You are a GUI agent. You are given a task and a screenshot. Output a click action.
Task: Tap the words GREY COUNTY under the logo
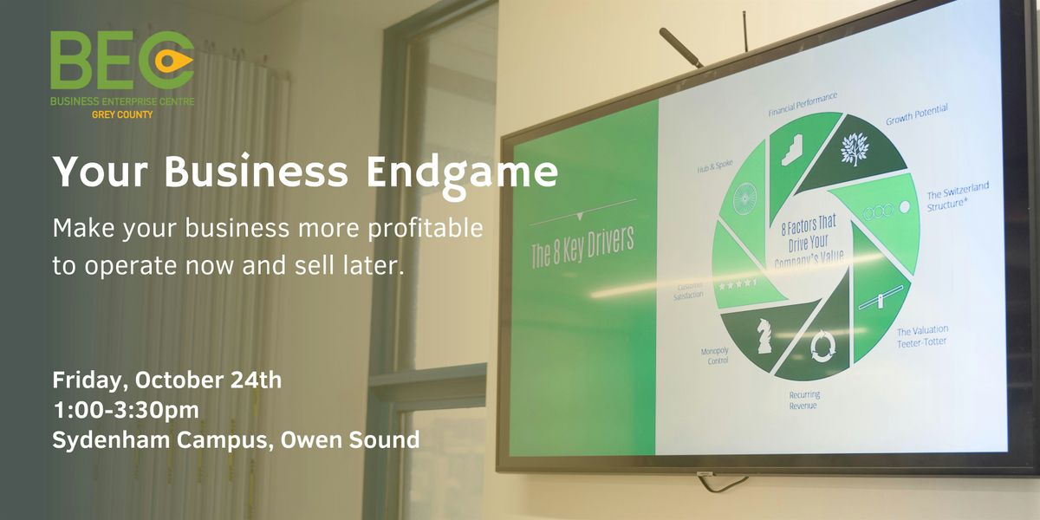(x=122, y=114)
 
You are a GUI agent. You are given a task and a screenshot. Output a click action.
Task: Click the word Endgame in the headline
(x=462, y=173)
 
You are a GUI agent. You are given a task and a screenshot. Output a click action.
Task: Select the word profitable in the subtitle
(x=426, y=229)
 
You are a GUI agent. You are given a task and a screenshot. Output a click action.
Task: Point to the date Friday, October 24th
(x=166, y=380)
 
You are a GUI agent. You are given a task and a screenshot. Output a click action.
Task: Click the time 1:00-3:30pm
(x=127, y=410)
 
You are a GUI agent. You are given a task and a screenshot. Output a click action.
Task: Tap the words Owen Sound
(x=350, y=439)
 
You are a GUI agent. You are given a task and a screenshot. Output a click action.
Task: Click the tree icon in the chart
(x=855, y=149)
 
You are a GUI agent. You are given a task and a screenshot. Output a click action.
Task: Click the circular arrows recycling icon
(x=822, y=346)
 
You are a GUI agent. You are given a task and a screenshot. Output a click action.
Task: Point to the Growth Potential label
(x=917, y=114)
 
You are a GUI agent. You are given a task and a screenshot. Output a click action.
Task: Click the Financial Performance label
(x=803, y=104)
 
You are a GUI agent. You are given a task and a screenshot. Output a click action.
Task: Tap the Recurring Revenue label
(x=804, y=400)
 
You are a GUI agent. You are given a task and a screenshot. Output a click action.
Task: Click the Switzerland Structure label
(x=958, y=197)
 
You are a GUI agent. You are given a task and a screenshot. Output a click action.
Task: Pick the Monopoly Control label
(x=715, y=355)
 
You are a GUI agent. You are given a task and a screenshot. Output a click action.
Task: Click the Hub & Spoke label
(x=715, y=166)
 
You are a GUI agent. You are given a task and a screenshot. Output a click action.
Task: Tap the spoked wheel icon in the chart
(x=744, y=198)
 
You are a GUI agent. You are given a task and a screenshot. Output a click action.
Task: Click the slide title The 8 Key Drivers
(x=582, y=248)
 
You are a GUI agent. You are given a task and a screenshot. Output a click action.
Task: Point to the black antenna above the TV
(x=680, y=49)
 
